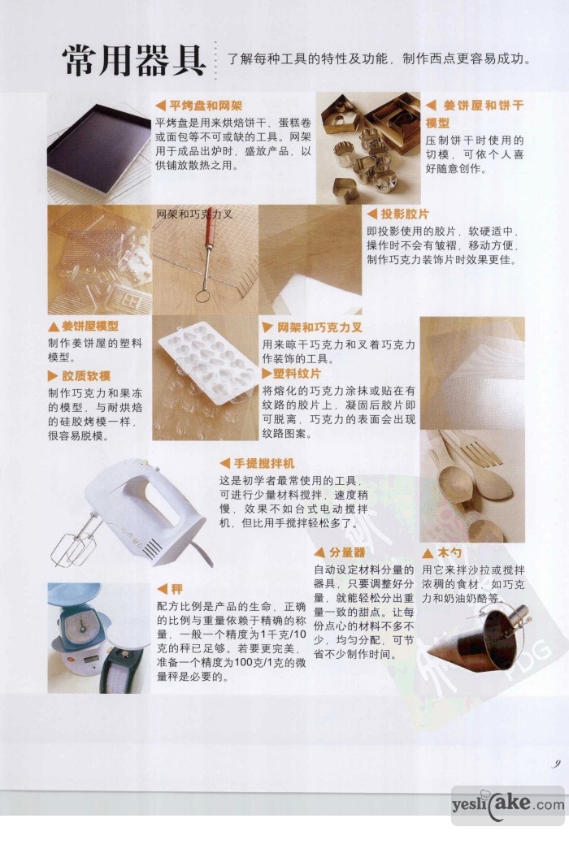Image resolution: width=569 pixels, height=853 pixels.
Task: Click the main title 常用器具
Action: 134,60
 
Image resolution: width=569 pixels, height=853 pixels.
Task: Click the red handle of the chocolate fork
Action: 208,230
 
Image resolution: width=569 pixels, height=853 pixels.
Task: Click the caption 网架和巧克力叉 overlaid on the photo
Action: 195,214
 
